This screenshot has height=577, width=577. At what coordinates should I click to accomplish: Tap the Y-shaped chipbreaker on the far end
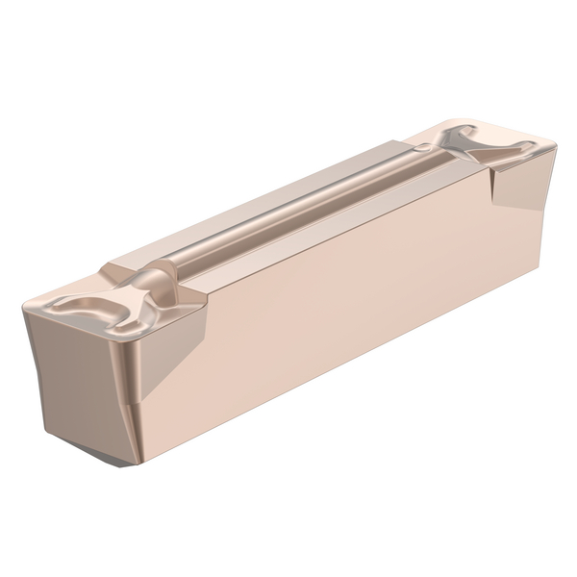(x=486, y=152)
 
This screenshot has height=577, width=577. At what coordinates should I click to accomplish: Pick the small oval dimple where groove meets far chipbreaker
(x=423, y=147)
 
